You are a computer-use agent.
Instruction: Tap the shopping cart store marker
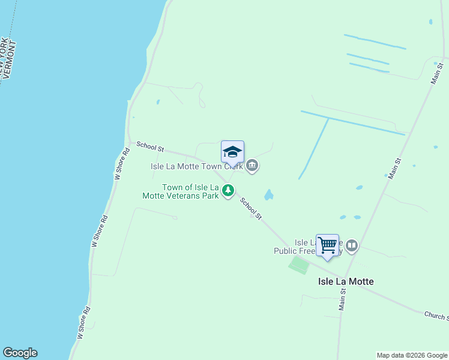pos(327,245)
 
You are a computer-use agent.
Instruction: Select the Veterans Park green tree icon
pos(228,191)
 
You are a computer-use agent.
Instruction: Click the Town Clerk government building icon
pos(252,166)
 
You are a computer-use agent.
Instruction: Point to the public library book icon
pos(352,245)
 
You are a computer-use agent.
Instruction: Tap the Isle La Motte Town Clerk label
pos(196,166)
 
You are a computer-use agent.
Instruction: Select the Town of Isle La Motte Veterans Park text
pos(190,191)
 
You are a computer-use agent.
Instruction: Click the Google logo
pos(20,353)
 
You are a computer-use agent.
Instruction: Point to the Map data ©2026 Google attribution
pos(412,355)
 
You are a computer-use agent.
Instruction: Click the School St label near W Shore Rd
pos(150,146)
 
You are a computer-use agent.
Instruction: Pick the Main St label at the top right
pos(436,74)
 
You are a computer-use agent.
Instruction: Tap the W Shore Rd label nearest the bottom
pos(83,323)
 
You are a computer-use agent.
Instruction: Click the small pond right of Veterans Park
pos(268,195)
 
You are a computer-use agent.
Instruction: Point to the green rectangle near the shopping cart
pos(299,265)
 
